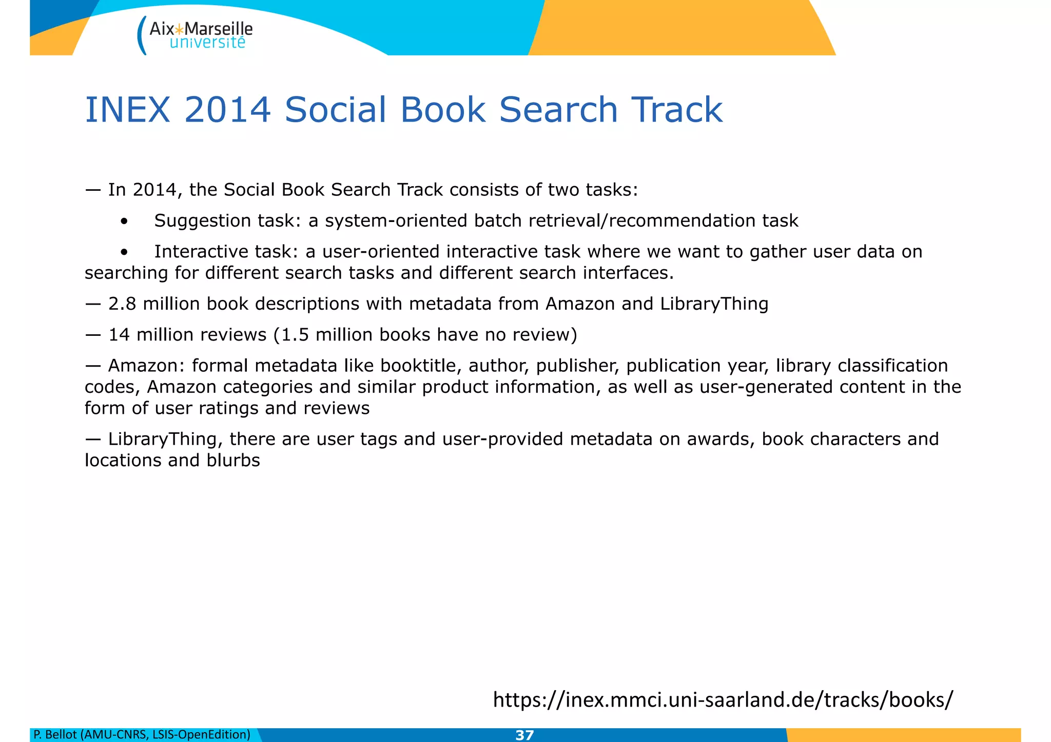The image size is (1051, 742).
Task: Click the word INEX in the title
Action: pos(127,110)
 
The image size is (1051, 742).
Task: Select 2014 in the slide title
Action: pos(227,110)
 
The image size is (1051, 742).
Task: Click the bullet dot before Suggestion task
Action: pos(124,222)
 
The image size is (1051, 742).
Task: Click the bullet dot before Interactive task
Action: pos(124,253)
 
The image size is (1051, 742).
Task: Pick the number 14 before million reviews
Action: pos(119,335)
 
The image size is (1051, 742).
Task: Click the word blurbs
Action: pos(233,460)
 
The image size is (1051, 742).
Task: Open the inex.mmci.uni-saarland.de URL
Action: pos(723,700)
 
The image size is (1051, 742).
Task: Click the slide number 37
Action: pos(524,735)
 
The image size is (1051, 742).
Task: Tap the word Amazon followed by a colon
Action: pos(146,366)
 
